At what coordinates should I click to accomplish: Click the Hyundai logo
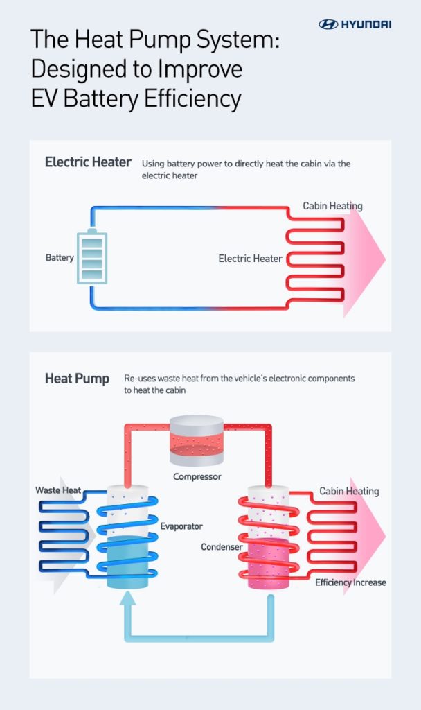(x=355, y=24)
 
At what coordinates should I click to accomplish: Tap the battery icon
(x=92, y=257)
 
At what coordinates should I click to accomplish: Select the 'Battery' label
(x=60, y=258)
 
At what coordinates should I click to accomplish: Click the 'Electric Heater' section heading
(x=88, y=162)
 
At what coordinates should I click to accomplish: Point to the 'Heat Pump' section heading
(x=77, y=379)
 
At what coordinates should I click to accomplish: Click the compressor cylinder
(x=197, y=440)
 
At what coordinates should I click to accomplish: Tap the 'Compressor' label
(x=197, y=477)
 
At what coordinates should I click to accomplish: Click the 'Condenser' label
(x=222, y=547)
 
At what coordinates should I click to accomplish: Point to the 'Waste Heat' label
(x=58, y=490)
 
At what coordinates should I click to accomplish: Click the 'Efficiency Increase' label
(x=350, y=582)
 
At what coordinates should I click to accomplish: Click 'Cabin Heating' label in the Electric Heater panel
(x=332, y=206)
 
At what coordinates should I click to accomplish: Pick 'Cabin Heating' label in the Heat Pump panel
(x=349, y=491)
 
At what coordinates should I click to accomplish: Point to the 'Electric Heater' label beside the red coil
(x=250, y=259)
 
